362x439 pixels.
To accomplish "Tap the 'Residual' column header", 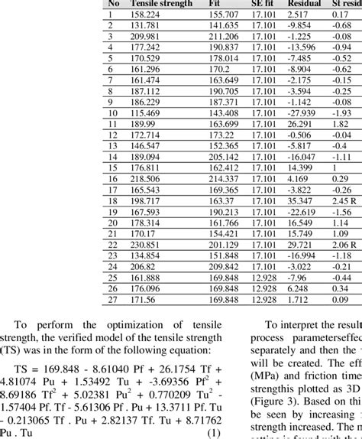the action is click(x=303, y=4).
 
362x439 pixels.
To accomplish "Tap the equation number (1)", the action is click(x=216, y=431).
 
